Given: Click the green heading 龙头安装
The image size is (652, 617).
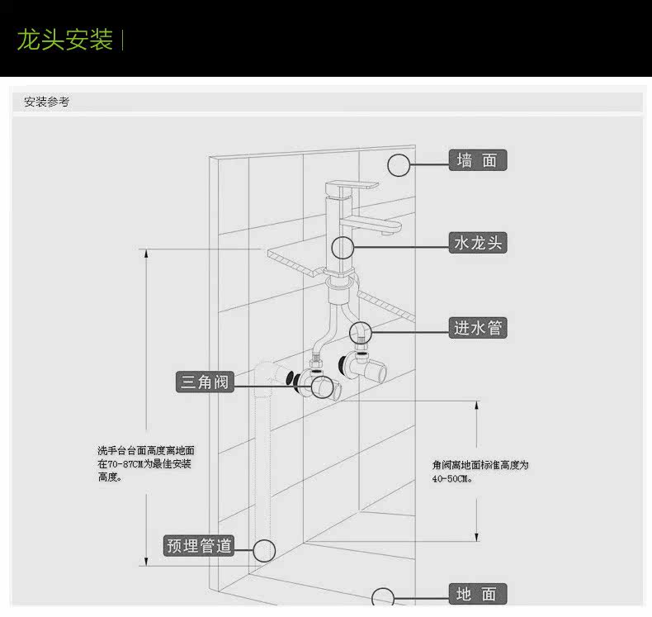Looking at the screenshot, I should point(64,39).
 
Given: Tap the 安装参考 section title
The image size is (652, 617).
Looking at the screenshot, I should point(46,102).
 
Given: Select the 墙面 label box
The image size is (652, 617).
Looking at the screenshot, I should point(477,160).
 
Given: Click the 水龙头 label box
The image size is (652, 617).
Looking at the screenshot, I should point(477,243).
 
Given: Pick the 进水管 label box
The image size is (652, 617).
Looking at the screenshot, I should point(477,328).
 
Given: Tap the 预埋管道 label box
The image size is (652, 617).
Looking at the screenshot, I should point(199,545).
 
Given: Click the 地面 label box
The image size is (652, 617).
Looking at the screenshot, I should point(477,594).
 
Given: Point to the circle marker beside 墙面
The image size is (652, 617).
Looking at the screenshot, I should point(399,165).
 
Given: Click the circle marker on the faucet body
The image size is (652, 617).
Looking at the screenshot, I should point(343,246).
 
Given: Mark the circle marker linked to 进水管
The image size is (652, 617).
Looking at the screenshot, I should point(360,333).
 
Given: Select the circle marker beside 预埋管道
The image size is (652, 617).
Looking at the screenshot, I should point(264,550).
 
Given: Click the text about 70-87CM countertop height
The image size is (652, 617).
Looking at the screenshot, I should point(145,463).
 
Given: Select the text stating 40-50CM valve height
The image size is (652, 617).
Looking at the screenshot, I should point(480,472).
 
